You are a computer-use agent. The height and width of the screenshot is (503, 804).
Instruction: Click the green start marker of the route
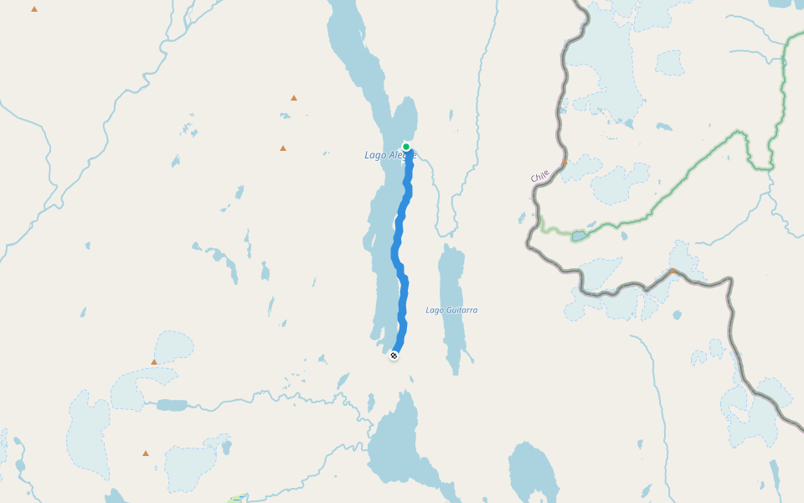coord(406,147)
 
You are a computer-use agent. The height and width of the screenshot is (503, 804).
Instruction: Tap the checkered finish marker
coord(394,355)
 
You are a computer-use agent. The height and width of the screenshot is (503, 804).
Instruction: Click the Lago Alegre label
coord(389,155)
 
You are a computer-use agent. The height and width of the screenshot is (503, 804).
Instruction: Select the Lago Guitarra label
coord(451,310)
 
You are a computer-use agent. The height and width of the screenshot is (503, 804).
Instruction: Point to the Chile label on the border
coord(540,176)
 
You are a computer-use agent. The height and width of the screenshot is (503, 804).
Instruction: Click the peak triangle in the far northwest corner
coord(34,9)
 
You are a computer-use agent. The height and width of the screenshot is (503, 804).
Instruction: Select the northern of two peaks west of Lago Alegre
coord(294,98)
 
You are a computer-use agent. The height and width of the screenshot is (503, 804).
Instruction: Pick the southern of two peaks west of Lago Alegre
coord(283,148)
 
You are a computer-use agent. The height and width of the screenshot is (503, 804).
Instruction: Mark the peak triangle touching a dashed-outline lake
coord(154,362)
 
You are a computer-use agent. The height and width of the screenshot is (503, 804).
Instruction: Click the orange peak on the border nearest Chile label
coord(564,161)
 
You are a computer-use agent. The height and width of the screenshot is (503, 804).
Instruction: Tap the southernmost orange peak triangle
coord(146,454)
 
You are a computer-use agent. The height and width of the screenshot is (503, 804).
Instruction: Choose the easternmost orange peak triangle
coord(672,271)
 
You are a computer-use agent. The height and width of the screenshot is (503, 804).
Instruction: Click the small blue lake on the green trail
coord(580,236)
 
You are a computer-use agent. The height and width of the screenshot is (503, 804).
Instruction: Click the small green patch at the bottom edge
coord(235,500)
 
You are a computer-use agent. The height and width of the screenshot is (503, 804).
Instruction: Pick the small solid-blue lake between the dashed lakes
coord(173,405)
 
